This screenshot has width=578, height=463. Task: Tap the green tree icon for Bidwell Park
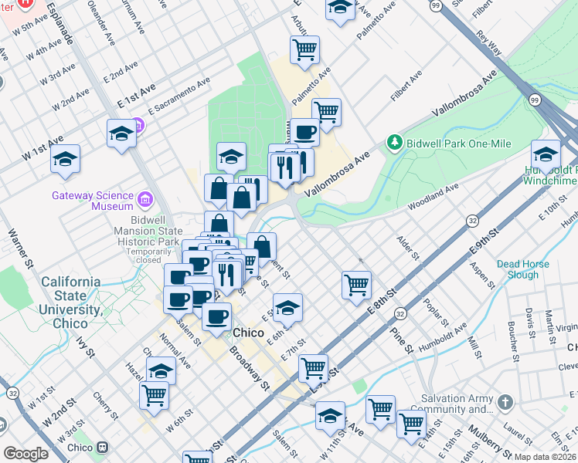click(395, 143)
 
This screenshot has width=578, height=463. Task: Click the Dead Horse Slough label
click(523, 269)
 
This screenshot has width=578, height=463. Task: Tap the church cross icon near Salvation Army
click(505, 402)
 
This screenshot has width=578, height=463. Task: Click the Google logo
click(25, 453)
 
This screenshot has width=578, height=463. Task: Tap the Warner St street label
click(21, 247)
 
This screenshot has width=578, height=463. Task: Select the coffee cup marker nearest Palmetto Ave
click(305, 132)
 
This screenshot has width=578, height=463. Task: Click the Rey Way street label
click(488, 45)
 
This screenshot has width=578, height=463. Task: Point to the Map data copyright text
click(545, 457)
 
